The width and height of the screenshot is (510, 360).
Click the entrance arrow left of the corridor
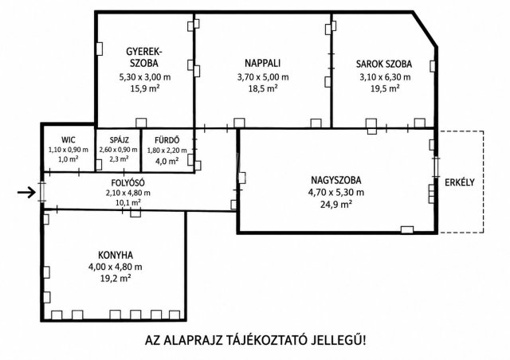click(26, 193)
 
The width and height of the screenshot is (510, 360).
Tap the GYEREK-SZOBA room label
click(144, 57)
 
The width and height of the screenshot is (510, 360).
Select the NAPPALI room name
click(262, 63)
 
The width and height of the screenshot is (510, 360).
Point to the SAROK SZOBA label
click(384, 64)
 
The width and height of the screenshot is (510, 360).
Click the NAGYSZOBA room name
click(336, 180)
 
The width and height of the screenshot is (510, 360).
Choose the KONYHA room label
click(116, 255)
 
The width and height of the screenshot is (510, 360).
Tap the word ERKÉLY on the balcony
click(460, 182)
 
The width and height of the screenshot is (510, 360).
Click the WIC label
click(69, 140)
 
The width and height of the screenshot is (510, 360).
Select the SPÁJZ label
click(119, 140)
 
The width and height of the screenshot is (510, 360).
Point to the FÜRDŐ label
click(167, 140)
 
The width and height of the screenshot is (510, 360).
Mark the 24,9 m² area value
click(336, 204)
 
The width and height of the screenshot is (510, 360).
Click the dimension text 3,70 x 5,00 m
click(263, 77)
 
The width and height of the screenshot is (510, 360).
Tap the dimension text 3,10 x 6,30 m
click(385, 77)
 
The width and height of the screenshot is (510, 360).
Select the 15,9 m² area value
click(145, 88)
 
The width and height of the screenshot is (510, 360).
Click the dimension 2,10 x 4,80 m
click(127, 193)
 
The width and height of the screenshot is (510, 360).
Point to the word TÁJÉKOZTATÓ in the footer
click(265, 341)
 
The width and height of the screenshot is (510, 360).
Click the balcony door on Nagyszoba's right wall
click(436, 167)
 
